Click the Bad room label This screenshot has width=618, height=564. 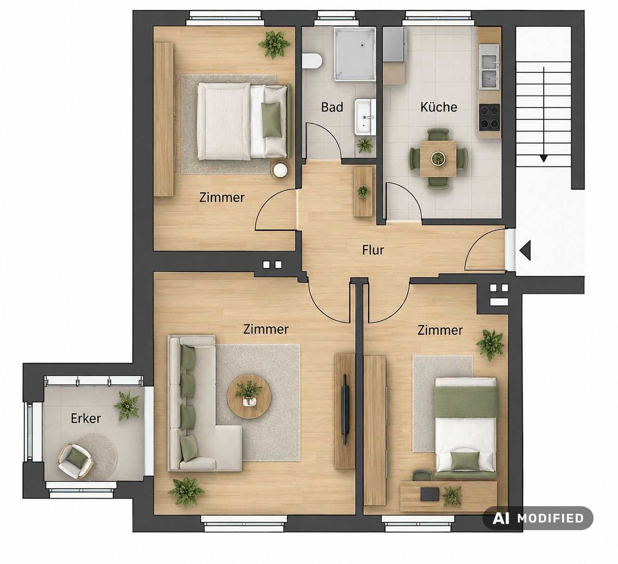click(332, 107)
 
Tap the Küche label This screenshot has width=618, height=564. click(439, 107)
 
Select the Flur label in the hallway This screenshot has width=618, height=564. click(373, 250)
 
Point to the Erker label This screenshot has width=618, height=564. click(86, 419)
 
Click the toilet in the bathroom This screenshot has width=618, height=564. click(312, 61)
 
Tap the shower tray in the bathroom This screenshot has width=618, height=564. click(355, 54)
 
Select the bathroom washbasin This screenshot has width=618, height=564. click(365, 117)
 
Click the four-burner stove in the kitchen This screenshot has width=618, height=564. click(489, 117)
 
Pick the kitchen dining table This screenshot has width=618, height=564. click(438, 159)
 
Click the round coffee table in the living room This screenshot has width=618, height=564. click(249, 397)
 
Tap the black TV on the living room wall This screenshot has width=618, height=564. click(346, 409)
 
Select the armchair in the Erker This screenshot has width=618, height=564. click(75, 461)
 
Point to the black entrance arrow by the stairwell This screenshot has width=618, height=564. click(525, 251)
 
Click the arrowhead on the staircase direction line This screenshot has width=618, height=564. click(544, 158)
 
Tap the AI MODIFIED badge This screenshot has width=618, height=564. click(537, 518)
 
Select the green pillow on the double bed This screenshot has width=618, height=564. click(271, 119)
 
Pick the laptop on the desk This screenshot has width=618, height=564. click(430, 494)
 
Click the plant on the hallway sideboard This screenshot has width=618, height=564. click(363, 191)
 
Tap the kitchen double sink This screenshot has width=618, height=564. click(489, 72)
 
